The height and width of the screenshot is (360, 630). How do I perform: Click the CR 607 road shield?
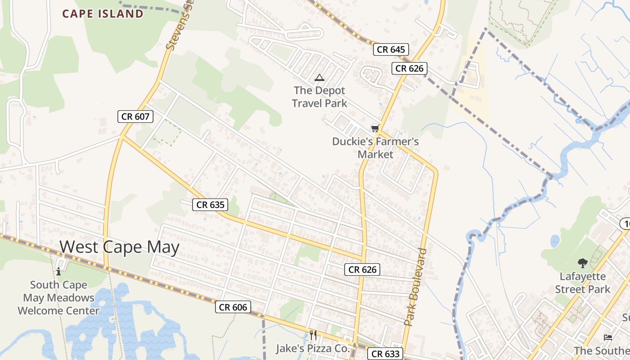coord(135,117)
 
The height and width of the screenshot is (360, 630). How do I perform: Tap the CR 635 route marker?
coord(211,205)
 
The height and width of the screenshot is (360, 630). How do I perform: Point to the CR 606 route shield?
coord(233,307)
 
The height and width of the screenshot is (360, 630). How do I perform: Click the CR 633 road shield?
coord(386,354)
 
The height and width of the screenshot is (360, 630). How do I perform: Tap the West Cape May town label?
coord(120,247)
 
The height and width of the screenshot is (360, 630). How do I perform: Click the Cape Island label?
coord(103,13)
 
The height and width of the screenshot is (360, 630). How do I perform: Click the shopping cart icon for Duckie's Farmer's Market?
coord(375,128)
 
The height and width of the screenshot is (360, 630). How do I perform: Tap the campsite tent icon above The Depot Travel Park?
coord(319,77)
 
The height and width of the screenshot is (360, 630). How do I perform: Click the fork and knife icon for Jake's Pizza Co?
coord(313,335)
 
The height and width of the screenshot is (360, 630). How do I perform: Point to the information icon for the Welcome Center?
coord(58,271)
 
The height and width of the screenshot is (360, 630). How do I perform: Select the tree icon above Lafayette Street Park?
coord(582,263)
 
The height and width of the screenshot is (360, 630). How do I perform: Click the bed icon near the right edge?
coord(608,337)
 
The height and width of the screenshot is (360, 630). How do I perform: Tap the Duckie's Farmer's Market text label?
coord(375,148)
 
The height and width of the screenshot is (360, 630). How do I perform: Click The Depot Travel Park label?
coord(319,97)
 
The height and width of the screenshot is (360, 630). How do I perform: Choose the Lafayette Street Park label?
coord(582,283)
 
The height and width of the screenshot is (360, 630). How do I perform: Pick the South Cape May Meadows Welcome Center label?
coord(58,297)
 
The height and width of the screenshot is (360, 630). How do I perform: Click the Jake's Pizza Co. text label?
coord(312,348)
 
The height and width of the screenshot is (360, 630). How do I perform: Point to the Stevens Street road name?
coord(176,27)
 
